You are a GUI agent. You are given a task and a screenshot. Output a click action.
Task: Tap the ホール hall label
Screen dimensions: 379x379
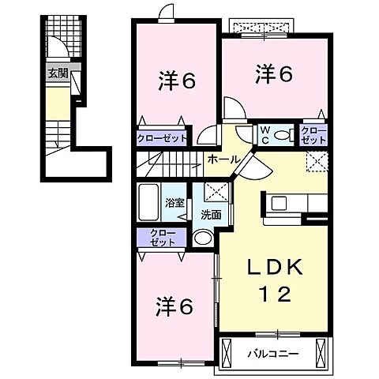tap(224, 159)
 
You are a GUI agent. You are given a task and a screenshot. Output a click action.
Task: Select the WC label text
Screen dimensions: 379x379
tap(265, 135)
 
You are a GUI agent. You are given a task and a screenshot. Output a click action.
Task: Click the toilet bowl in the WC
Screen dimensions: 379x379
tap(281, 135)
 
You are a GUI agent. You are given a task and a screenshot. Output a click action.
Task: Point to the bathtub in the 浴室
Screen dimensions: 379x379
tap(148, 202)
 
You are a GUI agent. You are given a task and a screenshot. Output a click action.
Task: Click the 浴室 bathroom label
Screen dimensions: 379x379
tap(174, 203)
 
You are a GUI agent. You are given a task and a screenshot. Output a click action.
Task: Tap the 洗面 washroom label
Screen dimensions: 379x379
tap(211, 216)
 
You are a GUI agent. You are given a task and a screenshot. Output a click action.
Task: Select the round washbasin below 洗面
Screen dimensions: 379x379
tap(203, 238)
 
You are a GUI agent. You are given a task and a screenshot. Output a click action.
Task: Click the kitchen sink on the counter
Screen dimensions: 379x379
tap(279, 204)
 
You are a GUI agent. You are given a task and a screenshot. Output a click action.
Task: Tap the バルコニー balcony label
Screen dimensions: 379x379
tap(273, 354)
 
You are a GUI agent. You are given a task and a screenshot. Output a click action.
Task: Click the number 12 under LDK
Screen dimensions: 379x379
tap(276, 294)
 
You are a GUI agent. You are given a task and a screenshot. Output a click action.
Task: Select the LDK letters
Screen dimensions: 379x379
tap(274, 268)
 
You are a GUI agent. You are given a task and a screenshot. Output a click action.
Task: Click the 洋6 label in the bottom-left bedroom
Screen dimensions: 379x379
tap(174, 306)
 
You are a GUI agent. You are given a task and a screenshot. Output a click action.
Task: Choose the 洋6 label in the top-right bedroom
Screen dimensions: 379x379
tap(274, 74)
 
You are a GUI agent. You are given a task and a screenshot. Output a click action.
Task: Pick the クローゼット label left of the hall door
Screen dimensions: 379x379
tap(162, 138)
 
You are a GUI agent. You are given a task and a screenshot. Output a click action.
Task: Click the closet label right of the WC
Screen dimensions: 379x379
tap(313, 135)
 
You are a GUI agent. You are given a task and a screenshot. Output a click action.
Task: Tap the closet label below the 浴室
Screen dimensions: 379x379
tap(163, 238)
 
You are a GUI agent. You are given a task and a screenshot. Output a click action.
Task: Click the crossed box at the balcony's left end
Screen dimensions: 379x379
tap(227, 354)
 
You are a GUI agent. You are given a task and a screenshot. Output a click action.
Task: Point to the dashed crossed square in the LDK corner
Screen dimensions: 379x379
tap(317, 161)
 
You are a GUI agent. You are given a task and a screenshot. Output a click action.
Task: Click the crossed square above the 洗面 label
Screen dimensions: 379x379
tap(216, 192)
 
